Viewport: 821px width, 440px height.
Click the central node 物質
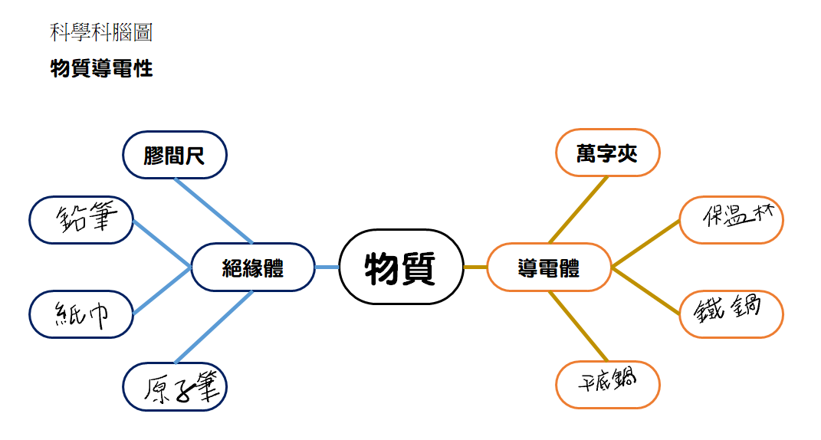point(401,267)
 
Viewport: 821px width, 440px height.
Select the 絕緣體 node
point(253,267)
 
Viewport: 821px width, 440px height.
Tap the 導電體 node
point(549,267)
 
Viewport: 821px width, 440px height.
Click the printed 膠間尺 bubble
point(175,155)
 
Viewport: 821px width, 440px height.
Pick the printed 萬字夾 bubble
point(607,153)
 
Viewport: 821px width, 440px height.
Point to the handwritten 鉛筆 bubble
point(81,220)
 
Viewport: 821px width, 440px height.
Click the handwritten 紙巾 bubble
point(81,314)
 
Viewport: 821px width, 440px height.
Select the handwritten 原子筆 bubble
point(175,386)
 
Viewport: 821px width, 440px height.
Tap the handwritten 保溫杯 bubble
point(731,220)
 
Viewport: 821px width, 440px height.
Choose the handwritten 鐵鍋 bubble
point(731,314)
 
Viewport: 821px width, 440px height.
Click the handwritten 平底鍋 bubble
point(607,385)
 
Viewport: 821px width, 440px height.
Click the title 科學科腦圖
point(101,32)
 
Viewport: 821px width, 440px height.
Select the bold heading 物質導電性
point(102,69)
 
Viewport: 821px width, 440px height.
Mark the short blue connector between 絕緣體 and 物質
point(327,267)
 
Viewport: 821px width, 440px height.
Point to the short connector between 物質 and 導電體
point(475,267)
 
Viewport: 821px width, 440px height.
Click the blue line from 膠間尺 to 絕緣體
point(214,211)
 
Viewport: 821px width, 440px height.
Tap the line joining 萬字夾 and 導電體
point(578,209)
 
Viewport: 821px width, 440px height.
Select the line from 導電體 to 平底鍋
point(578,326)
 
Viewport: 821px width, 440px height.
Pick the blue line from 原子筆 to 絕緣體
point(214,327)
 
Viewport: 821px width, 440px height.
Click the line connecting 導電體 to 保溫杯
point(645,244)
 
